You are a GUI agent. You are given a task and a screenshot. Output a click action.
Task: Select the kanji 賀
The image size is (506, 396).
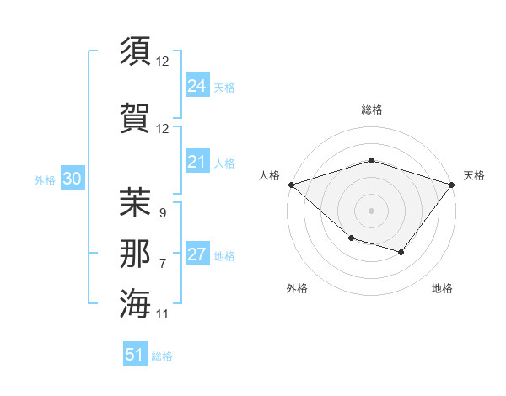point(136,117)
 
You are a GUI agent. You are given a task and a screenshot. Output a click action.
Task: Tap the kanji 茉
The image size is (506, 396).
point(136,202)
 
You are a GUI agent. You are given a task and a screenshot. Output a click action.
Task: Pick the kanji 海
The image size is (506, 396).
point(136,303)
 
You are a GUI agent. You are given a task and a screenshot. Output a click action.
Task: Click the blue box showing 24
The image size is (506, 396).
point(196,86)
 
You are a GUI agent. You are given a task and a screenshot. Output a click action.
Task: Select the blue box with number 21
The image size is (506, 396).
point(196,162)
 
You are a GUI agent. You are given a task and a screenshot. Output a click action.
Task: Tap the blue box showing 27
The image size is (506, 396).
point(196,254)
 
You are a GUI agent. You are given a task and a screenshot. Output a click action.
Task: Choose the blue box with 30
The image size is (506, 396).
point(71,179)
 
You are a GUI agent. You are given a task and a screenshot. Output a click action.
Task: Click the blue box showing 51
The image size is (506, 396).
point(135,355)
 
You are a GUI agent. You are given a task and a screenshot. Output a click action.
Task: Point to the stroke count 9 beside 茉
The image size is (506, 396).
point(162,213)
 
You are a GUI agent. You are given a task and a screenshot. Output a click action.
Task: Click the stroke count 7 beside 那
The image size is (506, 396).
point(162,264)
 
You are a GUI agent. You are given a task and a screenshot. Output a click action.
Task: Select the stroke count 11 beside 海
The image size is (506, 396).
point(163,314)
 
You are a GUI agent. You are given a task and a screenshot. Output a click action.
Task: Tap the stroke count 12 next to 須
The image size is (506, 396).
point(163,62)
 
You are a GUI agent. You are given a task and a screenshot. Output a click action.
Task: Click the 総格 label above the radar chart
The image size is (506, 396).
point(371,110)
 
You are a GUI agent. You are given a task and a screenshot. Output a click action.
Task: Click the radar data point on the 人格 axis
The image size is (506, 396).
point(291,185)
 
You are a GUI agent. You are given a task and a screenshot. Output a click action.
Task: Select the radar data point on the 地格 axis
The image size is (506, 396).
point(401,252)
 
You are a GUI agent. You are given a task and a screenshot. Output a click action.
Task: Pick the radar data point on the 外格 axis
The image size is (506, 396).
point(351,238)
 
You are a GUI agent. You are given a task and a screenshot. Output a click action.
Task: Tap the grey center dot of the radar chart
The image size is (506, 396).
point(371,210)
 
